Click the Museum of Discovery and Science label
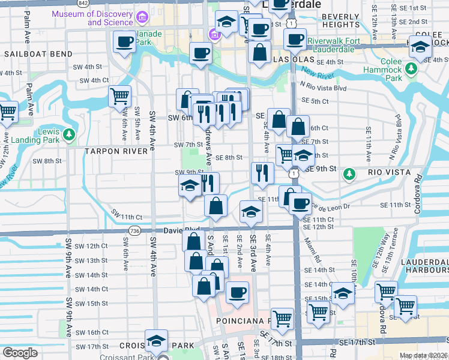[x=92, y=18]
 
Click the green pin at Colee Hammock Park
[x=411, y=70]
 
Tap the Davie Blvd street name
[x=172, y=230]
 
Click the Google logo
[x=20, y=353]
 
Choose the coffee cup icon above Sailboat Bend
[x=125, y=43]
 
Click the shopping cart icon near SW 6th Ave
[x=120, y=95]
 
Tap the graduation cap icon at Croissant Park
[x=156, y=341]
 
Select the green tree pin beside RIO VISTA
[x=349, y=174]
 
